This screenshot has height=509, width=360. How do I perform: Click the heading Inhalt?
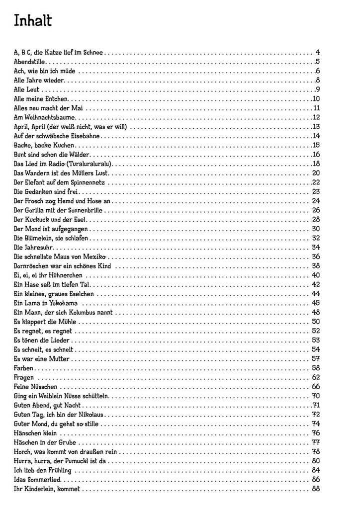(33, 21)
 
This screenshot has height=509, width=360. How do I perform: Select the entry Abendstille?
(30, 62)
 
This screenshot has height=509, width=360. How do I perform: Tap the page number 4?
(317, 52)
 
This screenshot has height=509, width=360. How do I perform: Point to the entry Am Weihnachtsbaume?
(45, 117)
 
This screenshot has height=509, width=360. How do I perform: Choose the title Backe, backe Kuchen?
(44, 145)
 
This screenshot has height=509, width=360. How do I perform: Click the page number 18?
(316, 164)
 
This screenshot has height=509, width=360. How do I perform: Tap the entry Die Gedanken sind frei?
(47, 191)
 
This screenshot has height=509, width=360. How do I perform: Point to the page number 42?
(316, 284)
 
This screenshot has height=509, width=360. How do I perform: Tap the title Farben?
(24, 368)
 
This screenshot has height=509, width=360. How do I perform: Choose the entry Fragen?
(24, 377)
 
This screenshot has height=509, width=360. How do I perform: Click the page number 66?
(316, 386)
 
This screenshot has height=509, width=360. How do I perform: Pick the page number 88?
(316, 489)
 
